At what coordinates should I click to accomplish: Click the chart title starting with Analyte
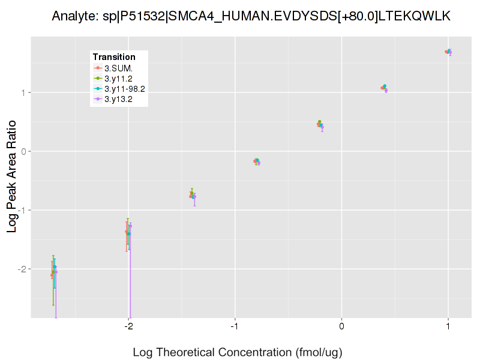251,16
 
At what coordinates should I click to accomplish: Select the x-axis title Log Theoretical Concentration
237,352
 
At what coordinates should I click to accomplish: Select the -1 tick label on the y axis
21,210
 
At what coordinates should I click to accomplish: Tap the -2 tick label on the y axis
21,269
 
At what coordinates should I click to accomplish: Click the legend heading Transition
114,57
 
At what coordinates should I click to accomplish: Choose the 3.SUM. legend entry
118,68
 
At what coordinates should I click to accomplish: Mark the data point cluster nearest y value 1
384,88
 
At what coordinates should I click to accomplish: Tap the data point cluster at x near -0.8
257,161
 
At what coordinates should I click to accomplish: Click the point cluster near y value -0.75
193,195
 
